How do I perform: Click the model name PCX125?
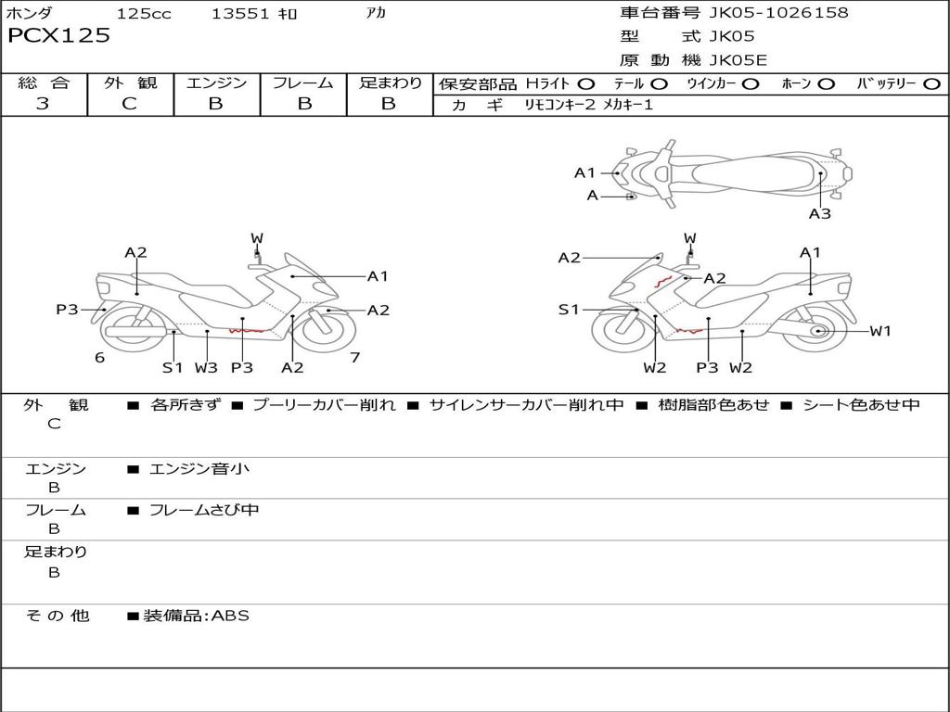(58, 36)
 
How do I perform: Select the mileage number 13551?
(240, 13)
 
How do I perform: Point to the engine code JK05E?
(738, 61)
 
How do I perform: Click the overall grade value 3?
(43, 104)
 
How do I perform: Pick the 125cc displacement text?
(144, 13)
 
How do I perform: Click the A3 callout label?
(819, 214)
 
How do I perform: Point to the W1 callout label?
(879, 331)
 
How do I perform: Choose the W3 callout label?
(206, 367)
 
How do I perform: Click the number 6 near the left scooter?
(99, 358)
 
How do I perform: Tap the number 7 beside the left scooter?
(354, 358)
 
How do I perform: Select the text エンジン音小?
(199, 469)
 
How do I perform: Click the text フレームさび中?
(204, 510)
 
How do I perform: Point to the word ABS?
(230, 616)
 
